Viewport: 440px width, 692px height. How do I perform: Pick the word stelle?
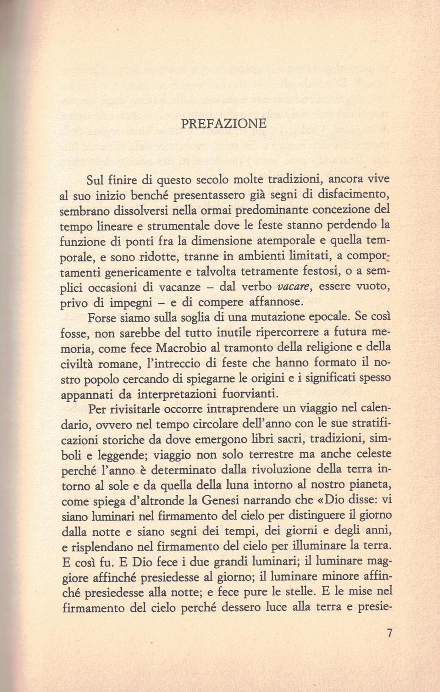(299, 592)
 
